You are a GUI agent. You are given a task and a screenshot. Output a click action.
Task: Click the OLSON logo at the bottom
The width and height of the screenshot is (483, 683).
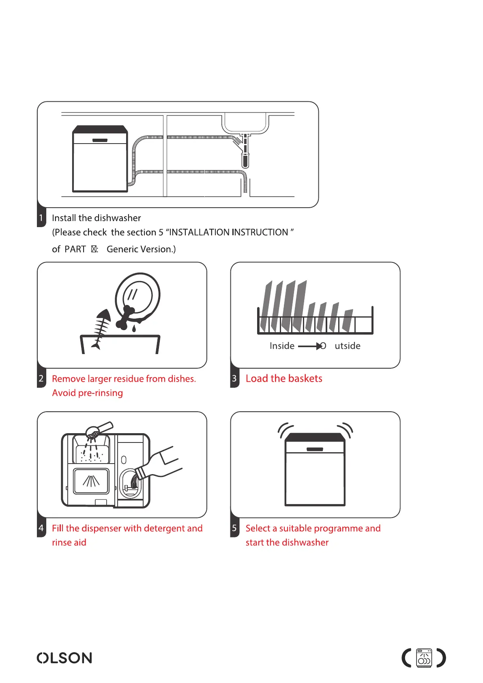[x=64, y=657]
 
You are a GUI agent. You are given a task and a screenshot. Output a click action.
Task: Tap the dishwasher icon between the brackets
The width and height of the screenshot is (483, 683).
[x=424, y=658]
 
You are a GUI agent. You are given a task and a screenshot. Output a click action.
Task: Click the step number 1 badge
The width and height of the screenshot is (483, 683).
[x=41, y=218]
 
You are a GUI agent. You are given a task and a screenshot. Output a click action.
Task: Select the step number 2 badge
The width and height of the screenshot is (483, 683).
[x=41, y=379]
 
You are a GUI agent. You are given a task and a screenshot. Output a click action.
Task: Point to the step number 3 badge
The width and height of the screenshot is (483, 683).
[x=234, y=379]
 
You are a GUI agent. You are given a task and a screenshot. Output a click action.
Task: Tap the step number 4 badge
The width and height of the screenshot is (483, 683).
[x=41, y=528]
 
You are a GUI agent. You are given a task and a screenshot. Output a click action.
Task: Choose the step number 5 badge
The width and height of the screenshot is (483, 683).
[x=234, y=528]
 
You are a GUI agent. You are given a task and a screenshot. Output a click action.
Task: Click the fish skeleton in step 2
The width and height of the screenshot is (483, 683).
[x=101, y=329]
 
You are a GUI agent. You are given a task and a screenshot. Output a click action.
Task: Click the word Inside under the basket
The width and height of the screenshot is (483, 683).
[x=282, y=346]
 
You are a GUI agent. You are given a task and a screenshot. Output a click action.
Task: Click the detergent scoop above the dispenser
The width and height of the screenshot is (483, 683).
[x=99, y=429]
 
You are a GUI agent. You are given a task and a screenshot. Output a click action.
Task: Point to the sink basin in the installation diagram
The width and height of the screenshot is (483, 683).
[x=245, y=123]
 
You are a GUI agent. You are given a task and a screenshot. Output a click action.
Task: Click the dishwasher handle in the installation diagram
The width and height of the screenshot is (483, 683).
[x=100, y=140]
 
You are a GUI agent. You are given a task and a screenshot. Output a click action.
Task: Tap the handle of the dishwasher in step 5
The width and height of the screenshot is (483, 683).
[x=315, y=449]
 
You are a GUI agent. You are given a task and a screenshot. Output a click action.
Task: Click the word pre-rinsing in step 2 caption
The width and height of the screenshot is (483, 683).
[x=101, y=393]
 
